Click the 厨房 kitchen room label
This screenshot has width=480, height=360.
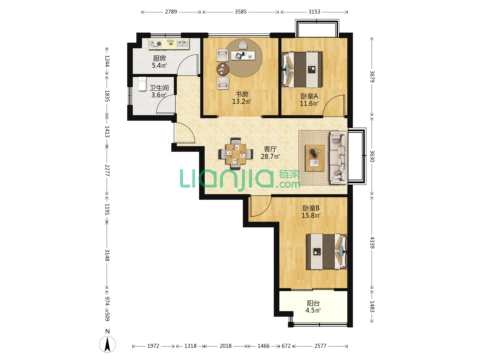click(x=159, y=58)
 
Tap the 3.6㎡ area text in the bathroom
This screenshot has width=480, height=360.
click(x=159, y=95)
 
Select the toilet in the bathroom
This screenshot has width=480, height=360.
click(x=142, y=84)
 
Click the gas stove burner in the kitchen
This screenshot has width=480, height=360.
click(x=155, y=44)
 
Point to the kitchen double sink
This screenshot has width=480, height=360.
click(x=182, y=43)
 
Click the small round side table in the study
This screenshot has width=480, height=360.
click(x=223, y=69)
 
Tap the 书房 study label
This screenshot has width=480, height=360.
click(x=242, y=94)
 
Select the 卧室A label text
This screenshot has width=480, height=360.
click(x=309, y=96)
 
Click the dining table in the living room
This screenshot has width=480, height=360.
click(x=236, y=154)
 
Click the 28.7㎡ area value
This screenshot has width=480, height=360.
click(x=270, y=156)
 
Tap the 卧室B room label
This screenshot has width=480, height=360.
click(x=311, y=208)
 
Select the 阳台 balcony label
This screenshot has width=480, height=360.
click(x=313, y=303)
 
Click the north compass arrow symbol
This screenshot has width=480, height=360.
click(x=107, y=344)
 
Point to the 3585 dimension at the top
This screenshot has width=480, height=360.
click(x=241, y=12)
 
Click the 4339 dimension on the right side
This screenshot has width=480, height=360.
click(x=372, y=243)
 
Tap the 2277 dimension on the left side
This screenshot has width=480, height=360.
click(x=107, y=170)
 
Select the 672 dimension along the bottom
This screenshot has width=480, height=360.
click(x=286, y=346)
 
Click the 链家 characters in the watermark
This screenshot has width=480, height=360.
click(x=289, y=174)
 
